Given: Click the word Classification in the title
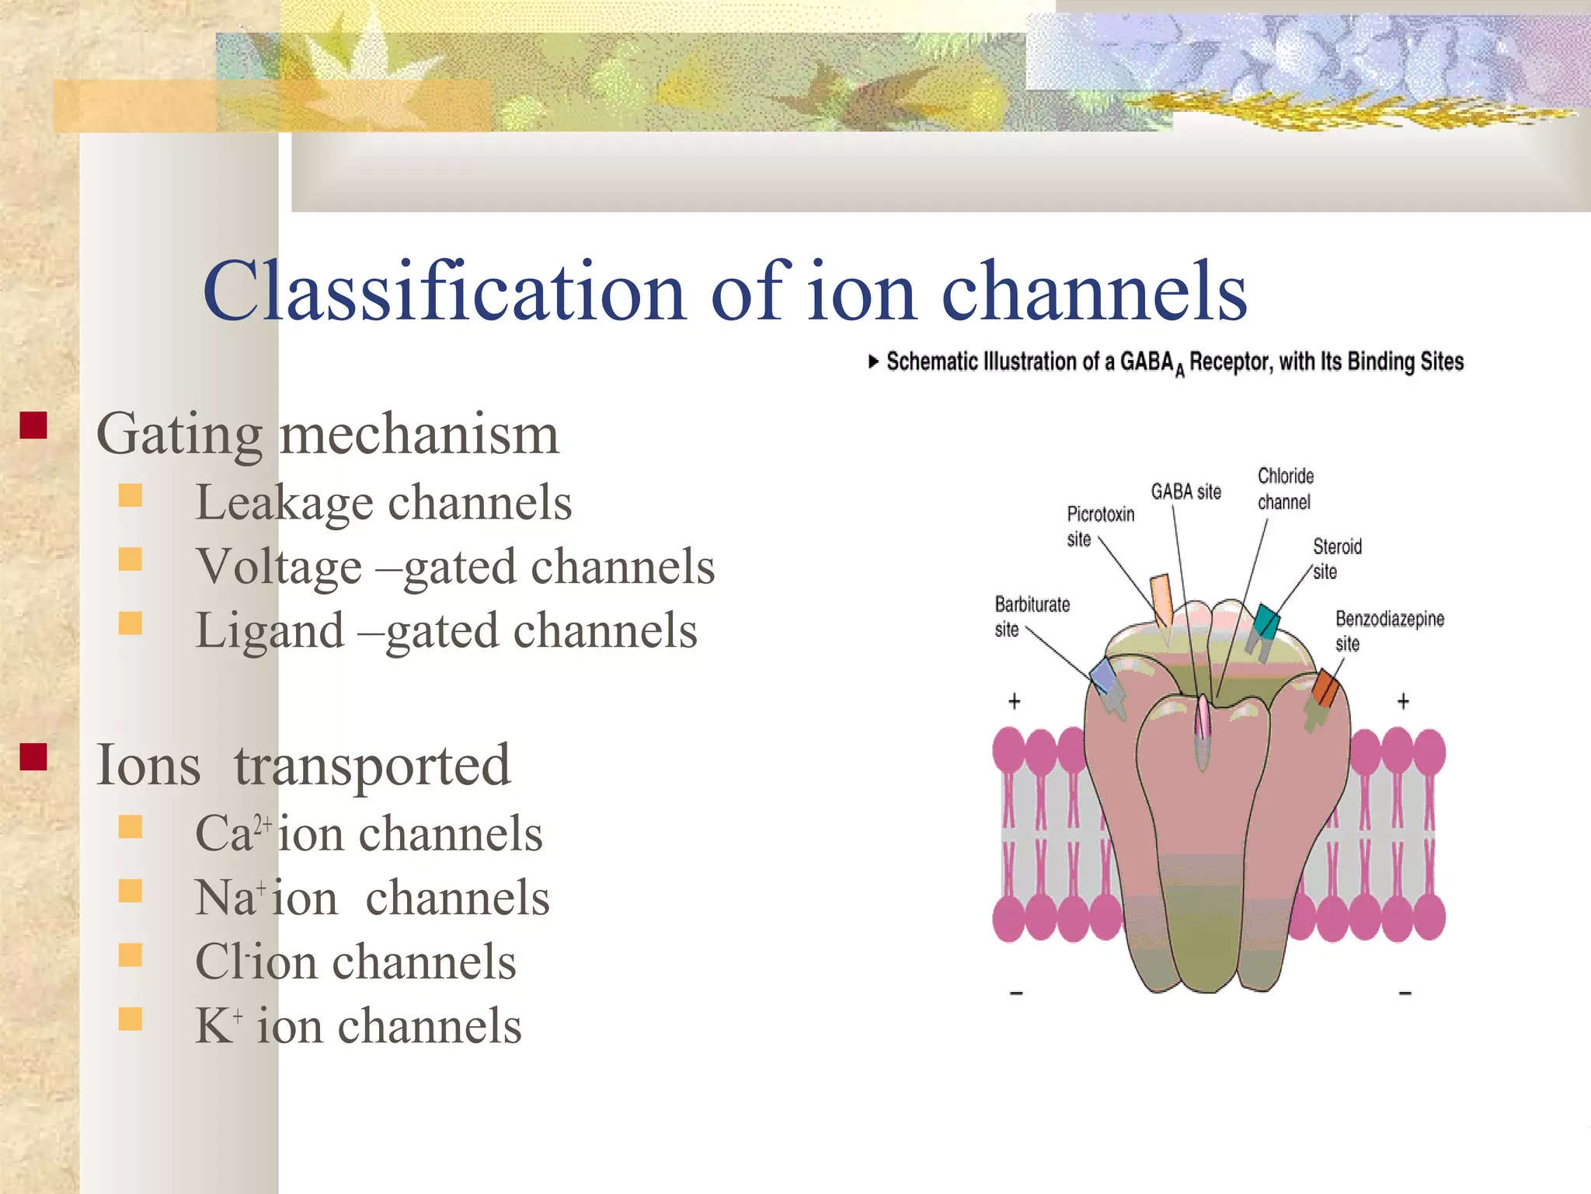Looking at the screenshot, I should click(443, 292).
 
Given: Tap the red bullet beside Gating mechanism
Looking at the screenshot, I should click(33, 425).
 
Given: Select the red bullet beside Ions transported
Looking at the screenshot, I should click(33, 756).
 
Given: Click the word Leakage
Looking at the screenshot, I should click(284, 503).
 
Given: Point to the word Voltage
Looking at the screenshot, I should click(278, 567).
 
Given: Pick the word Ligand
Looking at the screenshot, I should click(270, 630).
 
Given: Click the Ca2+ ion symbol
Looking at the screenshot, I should click(232, 833).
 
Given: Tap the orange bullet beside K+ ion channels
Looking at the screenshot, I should click(131, 1018).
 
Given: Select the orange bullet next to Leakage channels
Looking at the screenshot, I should click(131, 495).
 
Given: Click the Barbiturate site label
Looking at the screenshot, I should click(1031, 616).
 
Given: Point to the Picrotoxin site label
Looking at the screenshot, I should click(1099, 525).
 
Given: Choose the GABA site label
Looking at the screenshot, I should click(1185, 491).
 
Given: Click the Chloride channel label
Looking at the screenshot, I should click(1285, 489).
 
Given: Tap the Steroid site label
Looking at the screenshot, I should click(1336, 558).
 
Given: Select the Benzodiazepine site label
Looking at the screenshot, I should click(1389, 630).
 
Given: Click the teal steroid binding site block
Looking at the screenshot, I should click(1266, 622).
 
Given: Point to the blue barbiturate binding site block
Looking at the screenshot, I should click(1103, 676).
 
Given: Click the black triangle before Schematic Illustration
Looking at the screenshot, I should click(873, 361).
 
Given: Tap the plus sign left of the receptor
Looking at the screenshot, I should click(1014, 702).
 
